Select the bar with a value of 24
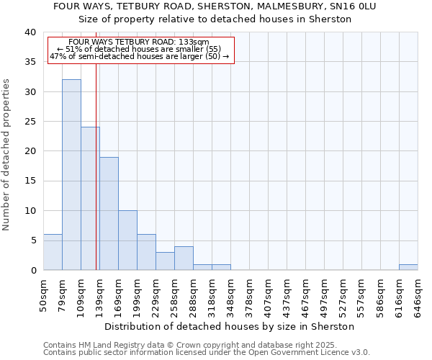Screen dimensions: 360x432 (90, 198)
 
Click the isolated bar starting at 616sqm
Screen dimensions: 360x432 (408, 267)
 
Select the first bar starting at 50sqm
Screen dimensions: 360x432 (53, 252)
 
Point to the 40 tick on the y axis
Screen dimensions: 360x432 (30, 32)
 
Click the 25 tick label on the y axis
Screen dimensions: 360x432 (30, 122)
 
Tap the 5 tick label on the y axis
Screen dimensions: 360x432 (32, 240)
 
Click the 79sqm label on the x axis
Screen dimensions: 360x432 (63, 292)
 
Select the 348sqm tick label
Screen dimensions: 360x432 (231, 292)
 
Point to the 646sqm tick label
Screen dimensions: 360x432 (418, 292)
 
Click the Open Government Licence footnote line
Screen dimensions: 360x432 (207, 352)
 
